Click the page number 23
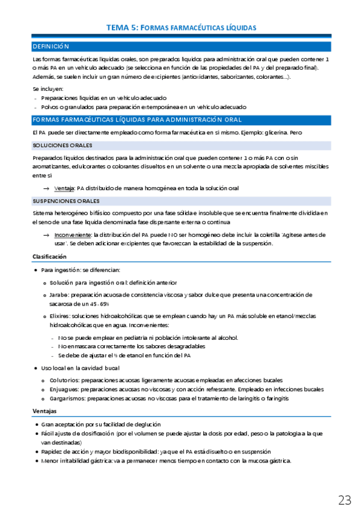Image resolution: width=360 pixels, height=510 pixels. click(344, 500)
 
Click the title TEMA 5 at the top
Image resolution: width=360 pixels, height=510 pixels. click(181, 28)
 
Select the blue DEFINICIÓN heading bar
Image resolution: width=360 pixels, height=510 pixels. click(180, 46)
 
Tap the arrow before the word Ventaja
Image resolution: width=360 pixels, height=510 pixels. click(55, 188)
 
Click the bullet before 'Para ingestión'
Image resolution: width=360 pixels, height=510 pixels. click(37, 270)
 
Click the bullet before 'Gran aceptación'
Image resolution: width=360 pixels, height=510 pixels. click(37, 425)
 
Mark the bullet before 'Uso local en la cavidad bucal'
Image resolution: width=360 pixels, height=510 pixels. click(37, 368)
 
